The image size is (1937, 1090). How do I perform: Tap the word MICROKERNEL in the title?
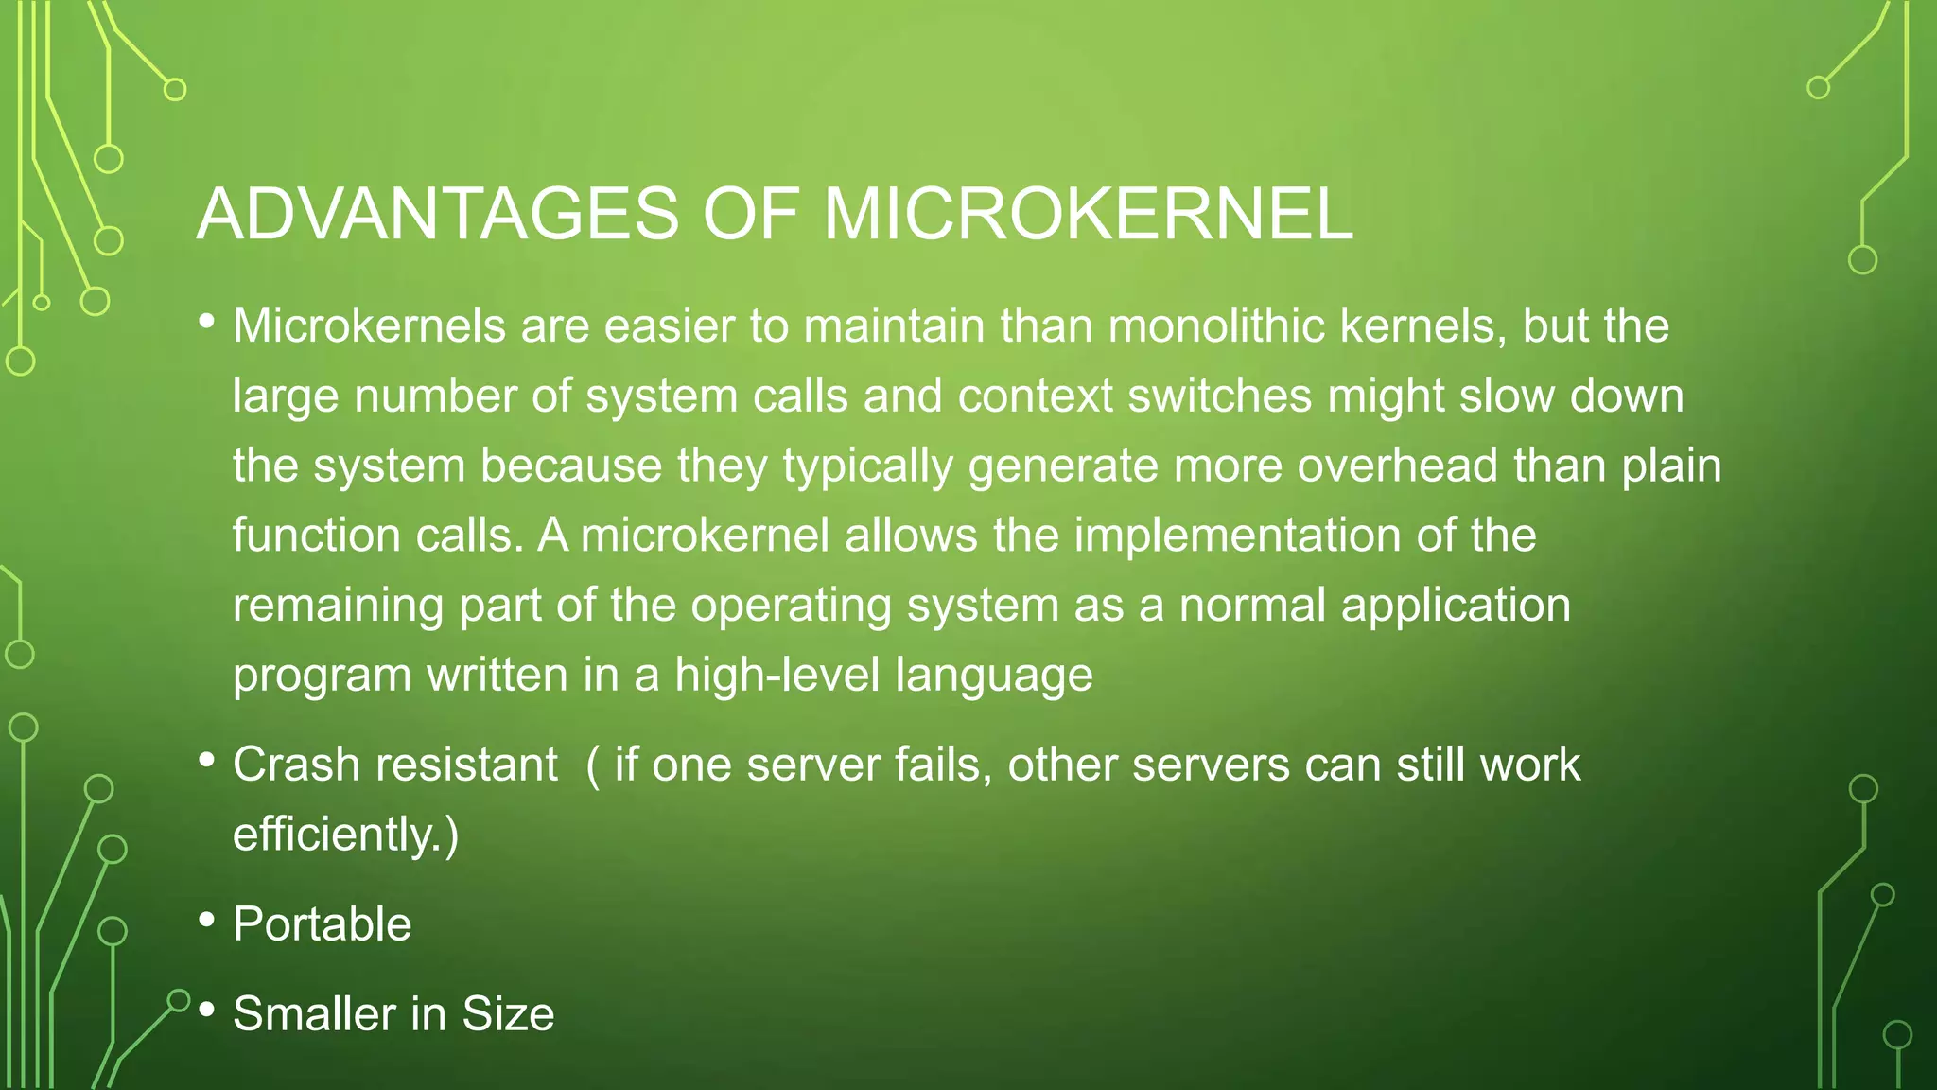1088,214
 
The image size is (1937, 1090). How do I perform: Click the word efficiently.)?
346,835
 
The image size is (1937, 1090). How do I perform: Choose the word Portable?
323,924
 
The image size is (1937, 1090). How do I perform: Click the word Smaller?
314,1013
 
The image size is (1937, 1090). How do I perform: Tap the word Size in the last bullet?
508,1013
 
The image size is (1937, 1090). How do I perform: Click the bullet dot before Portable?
207,919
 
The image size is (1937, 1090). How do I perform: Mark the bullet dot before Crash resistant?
207,759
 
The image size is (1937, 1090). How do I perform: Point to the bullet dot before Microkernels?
207,321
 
